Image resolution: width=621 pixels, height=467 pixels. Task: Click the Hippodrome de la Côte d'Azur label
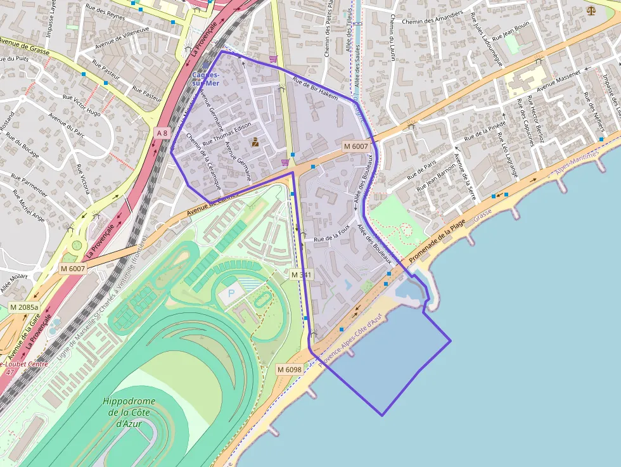point(129,412)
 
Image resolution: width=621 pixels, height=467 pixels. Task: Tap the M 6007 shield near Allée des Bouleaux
point(355,146)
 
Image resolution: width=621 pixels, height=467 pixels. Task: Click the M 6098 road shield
point(289,369)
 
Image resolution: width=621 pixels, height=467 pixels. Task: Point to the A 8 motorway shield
point(162,132)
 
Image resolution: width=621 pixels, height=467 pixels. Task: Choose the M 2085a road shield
point(24,307)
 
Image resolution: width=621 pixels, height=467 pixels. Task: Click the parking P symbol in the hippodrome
point(230,295)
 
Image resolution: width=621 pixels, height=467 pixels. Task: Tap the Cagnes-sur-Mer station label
point(206,79)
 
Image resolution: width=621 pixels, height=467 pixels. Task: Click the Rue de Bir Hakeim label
point(315,87)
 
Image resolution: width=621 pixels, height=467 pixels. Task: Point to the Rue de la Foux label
point(332,238)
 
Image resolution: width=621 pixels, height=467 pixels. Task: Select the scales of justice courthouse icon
point(591,10)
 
